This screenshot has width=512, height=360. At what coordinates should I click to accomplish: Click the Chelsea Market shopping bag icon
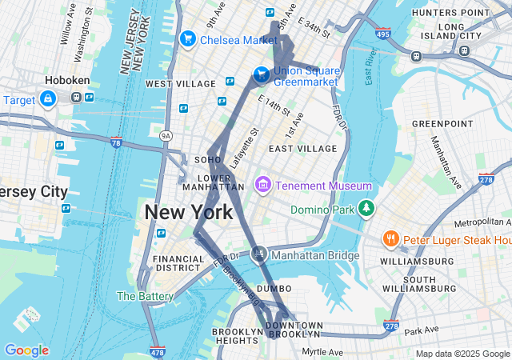(189, 38)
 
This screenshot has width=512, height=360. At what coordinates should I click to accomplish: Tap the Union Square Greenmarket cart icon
(261, 74)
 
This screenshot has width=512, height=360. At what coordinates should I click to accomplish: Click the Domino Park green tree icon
(366, 208)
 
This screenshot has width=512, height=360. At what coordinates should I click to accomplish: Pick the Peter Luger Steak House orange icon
(390, 238)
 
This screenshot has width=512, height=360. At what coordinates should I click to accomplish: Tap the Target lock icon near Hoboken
(47, 98)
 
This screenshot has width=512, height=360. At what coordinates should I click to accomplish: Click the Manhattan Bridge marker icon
(258, 254)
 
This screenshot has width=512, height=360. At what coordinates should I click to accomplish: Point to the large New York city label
(189, 212)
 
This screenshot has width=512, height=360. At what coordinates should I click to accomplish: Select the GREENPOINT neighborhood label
(438, 124)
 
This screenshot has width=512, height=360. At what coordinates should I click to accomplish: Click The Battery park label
(145, 296)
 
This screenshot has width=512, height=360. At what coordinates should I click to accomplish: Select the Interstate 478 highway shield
(157, 351)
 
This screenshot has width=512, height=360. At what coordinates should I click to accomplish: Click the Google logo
(26, 350)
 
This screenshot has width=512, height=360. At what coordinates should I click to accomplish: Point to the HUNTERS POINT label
(450, 14)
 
